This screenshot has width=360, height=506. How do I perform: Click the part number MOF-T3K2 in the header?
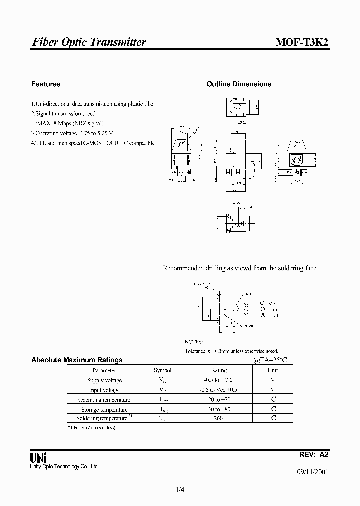click(302, 42)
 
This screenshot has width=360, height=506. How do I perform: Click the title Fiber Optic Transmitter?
click(89, 42)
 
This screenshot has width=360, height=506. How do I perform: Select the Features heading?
click(46, 84)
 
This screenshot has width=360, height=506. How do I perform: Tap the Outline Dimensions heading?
click(239, 84)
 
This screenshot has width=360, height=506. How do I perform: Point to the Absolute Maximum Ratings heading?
click(77, 360)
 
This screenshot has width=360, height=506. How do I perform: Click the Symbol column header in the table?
click(162, 370)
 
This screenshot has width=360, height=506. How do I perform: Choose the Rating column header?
click(219, 370)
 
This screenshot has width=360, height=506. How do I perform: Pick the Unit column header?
click(273, 370)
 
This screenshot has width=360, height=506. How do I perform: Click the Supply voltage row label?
click(104, 380)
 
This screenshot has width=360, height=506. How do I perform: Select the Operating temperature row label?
click(104, 400)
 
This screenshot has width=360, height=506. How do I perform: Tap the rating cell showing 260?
click(218, 418)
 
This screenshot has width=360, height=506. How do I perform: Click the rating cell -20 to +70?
click(219, 400)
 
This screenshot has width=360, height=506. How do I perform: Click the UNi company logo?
click(38, 457)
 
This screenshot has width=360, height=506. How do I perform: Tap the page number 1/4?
click(180, 490)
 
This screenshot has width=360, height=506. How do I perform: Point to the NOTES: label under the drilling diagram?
click(193, 341)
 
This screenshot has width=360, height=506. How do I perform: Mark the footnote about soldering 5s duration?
click(92, 427)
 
